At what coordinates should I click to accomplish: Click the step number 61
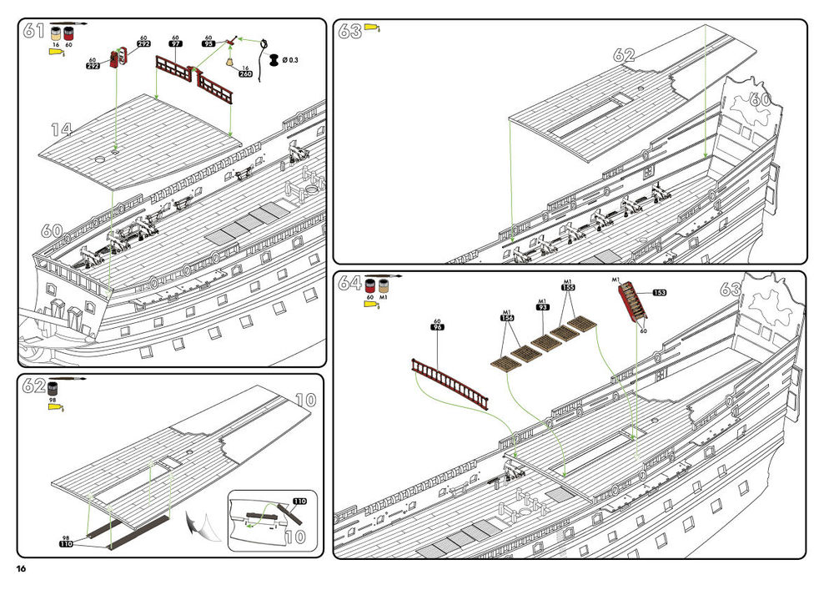point(33,31)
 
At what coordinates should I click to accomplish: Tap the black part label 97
point(176,44)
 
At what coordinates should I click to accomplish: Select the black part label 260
point(246,74)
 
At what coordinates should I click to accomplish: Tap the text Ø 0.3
point(290,60)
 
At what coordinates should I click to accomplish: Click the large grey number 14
point(61,129)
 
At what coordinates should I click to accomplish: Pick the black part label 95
point(209,44)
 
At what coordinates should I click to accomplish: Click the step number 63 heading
point(349,32)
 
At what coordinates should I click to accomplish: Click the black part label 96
point(437,327)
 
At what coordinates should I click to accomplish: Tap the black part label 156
point(507,317)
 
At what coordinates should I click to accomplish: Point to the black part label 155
point(568,287)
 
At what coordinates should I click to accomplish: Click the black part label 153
point(660,293)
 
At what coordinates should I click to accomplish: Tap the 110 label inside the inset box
point(300,502)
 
